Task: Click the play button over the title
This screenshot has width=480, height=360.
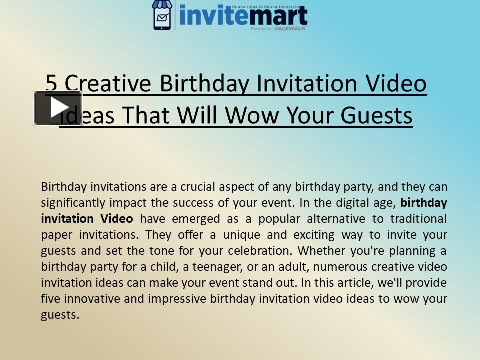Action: tap(57, 107)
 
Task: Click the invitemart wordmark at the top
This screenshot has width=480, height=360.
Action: tap(243, 16)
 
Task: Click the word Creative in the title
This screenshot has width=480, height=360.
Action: tap(107, 84)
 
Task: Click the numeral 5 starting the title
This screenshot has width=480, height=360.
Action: tap(51, 84)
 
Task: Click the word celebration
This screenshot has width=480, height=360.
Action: tap(270, 251)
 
